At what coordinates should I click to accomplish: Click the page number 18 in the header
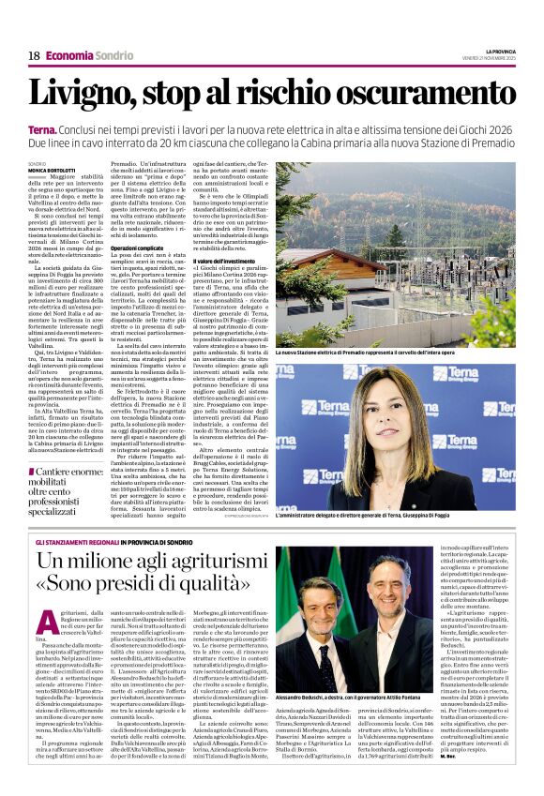point(34,56)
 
